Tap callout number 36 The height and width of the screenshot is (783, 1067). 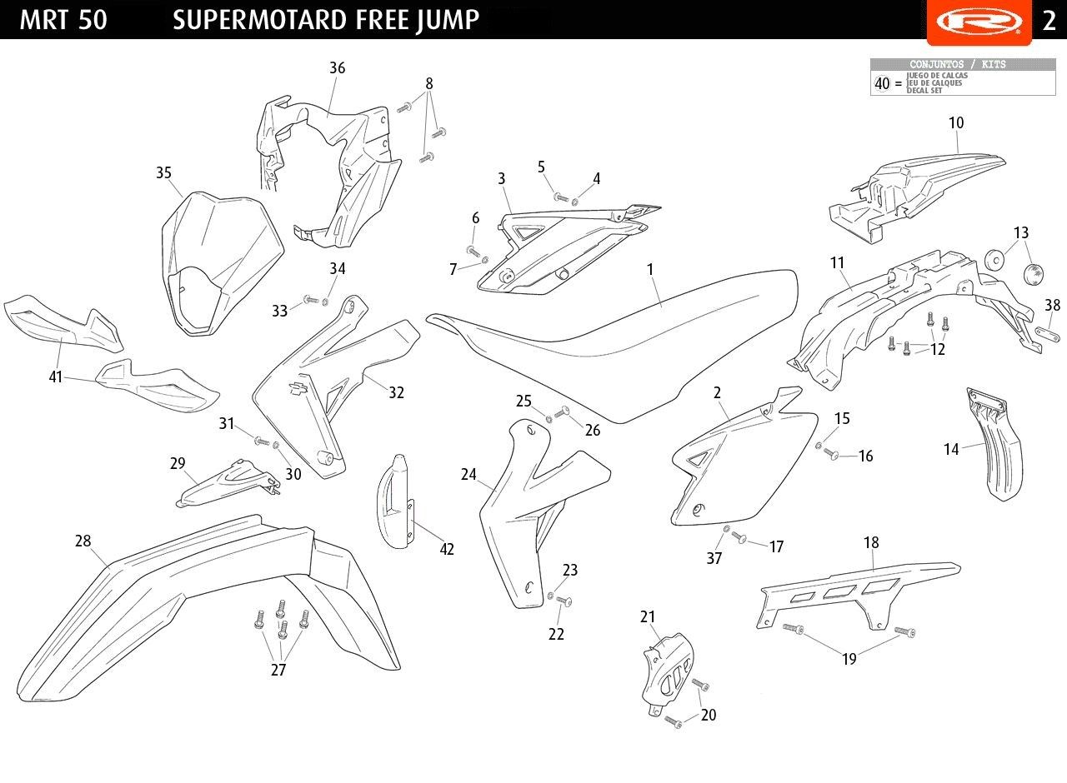pyautogui.click(x=337, y=68)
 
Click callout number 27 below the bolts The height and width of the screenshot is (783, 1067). pyautogui.click(x=278, y=670)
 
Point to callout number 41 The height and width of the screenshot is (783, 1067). pyautogui.click(x=56, y=377)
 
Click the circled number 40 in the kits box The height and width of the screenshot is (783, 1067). pyautogui.click(x=882, y=83)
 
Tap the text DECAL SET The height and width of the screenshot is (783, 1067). pyautogui.click(x=924, y=91)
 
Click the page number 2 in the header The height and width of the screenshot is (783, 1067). pyautogui.click(x=1049, y=20)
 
